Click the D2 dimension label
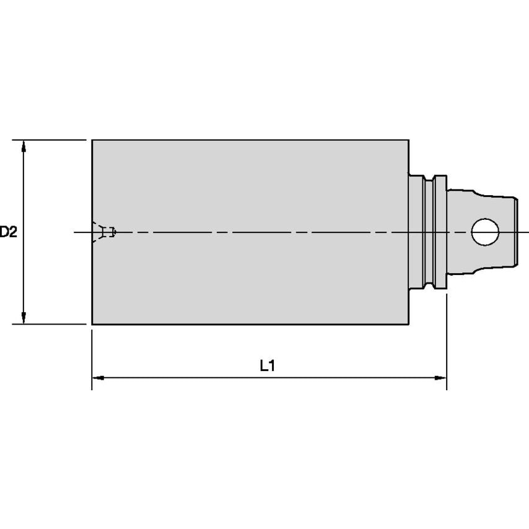[x=8, y=232]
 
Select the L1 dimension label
[x=267, y=366]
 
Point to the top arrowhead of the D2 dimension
[x=24, y=146]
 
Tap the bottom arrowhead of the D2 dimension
[x=24, y=318]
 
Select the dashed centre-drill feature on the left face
[x=103, y=232]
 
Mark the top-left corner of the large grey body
[x=92, y=140]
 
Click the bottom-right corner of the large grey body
[x=408, y=324]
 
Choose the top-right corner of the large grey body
[x=408, y=140]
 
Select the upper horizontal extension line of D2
[x=50, y=140]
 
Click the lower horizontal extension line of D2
[x=50, y=324]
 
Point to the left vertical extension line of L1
[x=92, y=359]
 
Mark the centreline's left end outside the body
[x=77, y=232]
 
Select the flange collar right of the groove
[x=440, y=232]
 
